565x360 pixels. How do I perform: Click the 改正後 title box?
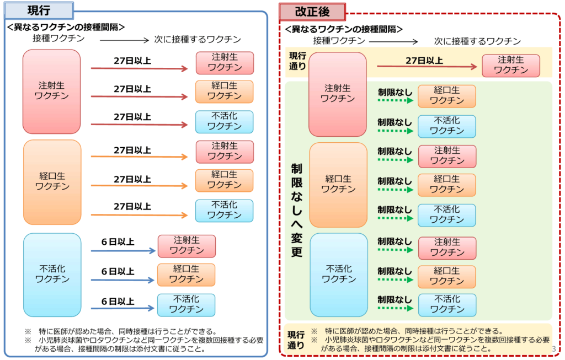point(312,12)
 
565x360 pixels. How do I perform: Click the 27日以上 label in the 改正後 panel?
point(424,61)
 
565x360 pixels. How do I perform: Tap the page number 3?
point(553,349)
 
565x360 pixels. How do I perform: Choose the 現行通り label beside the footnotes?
point(296,340)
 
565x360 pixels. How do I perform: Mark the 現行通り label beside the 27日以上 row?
point(297,61)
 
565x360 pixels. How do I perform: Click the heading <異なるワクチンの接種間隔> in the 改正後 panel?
point(343,29)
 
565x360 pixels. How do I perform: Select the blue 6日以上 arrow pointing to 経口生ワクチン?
point(123,280)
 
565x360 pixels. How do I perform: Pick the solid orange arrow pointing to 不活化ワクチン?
point(140,214)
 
